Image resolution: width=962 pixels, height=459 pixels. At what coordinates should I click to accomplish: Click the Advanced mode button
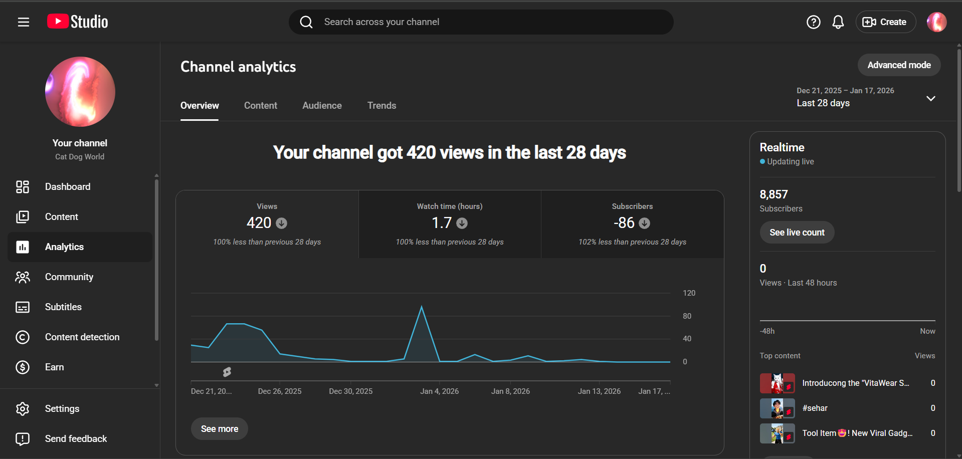point(899,65)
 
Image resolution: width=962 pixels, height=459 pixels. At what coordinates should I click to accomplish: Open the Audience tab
point(322,106)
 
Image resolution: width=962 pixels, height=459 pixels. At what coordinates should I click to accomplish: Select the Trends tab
point(381,106)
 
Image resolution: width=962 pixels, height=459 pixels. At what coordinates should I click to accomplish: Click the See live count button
point(797,233)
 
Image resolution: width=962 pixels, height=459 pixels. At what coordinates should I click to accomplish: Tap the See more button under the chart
point(219,429)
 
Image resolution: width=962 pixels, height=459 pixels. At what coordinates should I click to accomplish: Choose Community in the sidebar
point(69,277)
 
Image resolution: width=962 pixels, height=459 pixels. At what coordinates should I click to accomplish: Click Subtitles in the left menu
point(63,307)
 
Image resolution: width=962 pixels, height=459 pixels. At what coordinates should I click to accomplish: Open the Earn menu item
point(54,367)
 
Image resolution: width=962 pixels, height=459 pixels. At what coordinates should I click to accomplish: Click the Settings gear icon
point(23,409)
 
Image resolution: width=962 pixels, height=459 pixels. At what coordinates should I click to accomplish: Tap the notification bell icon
point(838,22)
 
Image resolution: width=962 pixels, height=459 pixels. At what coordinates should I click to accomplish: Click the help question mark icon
point(813,22)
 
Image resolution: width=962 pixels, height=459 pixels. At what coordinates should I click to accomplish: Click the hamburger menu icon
point(24,22)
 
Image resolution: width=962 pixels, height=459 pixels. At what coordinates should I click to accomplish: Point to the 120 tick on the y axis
point(689,293)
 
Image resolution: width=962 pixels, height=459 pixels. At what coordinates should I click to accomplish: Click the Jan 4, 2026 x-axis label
point(439,391)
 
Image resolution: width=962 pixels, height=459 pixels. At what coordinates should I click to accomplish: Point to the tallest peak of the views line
point(422,307)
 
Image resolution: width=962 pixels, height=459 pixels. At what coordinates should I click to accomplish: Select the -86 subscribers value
point(624,223)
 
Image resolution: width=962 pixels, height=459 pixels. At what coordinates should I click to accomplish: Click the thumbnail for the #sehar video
point(777,408)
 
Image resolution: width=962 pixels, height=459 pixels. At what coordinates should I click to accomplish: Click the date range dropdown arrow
point(930,98)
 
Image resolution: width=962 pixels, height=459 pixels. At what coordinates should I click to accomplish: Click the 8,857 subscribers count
point(774,194)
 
